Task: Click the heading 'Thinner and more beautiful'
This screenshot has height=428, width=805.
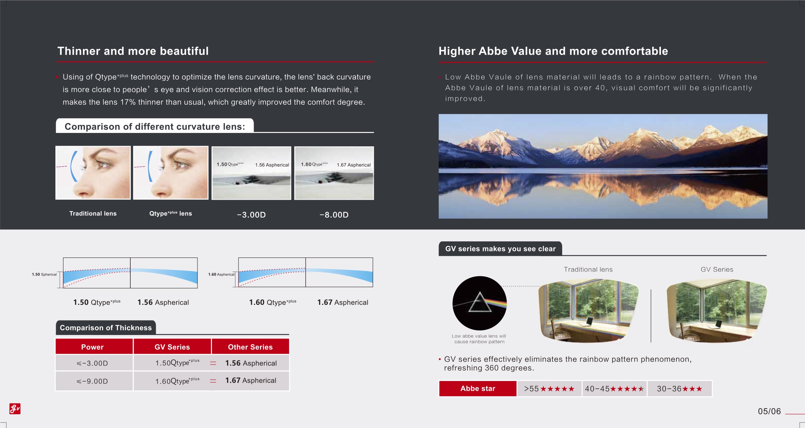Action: pyautogui.click(x=133, y=51)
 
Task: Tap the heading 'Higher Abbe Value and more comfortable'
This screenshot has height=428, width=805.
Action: pyautogui.click(x=553, y=51)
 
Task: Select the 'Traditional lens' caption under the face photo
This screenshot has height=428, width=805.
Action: pyautogui.click(x=93, y=213)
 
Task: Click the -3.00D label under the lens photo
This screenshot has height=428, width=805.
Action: pyautogui.click(x=251, y=215)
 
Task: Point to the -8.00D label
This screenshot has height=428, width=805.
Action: pyautogui.click(x=334, y=215)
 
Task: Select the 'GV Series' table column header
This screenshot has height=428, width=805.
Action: pyautogui.click(x=172, y=347)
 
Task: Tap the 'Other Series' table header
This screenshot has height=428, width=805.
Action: pyautogui.click(x=251, y=347)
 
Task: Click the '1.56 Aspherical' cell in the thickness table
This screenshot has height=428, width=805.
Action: pyautogui.click(x=251, y=363)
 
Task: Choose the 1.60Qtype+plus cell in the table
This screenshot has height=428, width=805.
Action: pyautogui.click(x=177, y=381)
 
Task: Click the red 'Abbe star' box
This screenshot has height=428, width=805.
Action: pyautogui.click(x=478, y=389)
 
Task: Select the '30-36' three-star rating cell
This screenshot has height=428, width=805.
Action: pyautogui.click(x=680, y=389)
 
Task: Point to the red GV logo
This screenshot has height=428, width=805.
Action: pyautogui.click(x=15, y=409)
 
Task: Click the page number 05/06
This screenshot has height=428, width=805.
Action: pyautogui.click(x=769, y=411)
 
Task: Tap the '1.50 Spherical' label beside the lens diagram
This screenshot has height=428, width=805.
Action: pyautogui.click(x=44, y=275)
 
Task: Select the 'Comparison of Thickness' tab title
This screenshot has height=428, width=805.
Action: pyautogui.click(x=106, y=328)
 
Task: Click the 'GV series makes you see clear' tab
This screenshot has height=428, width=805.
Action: pyautogui.click(x=500, y=249)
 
